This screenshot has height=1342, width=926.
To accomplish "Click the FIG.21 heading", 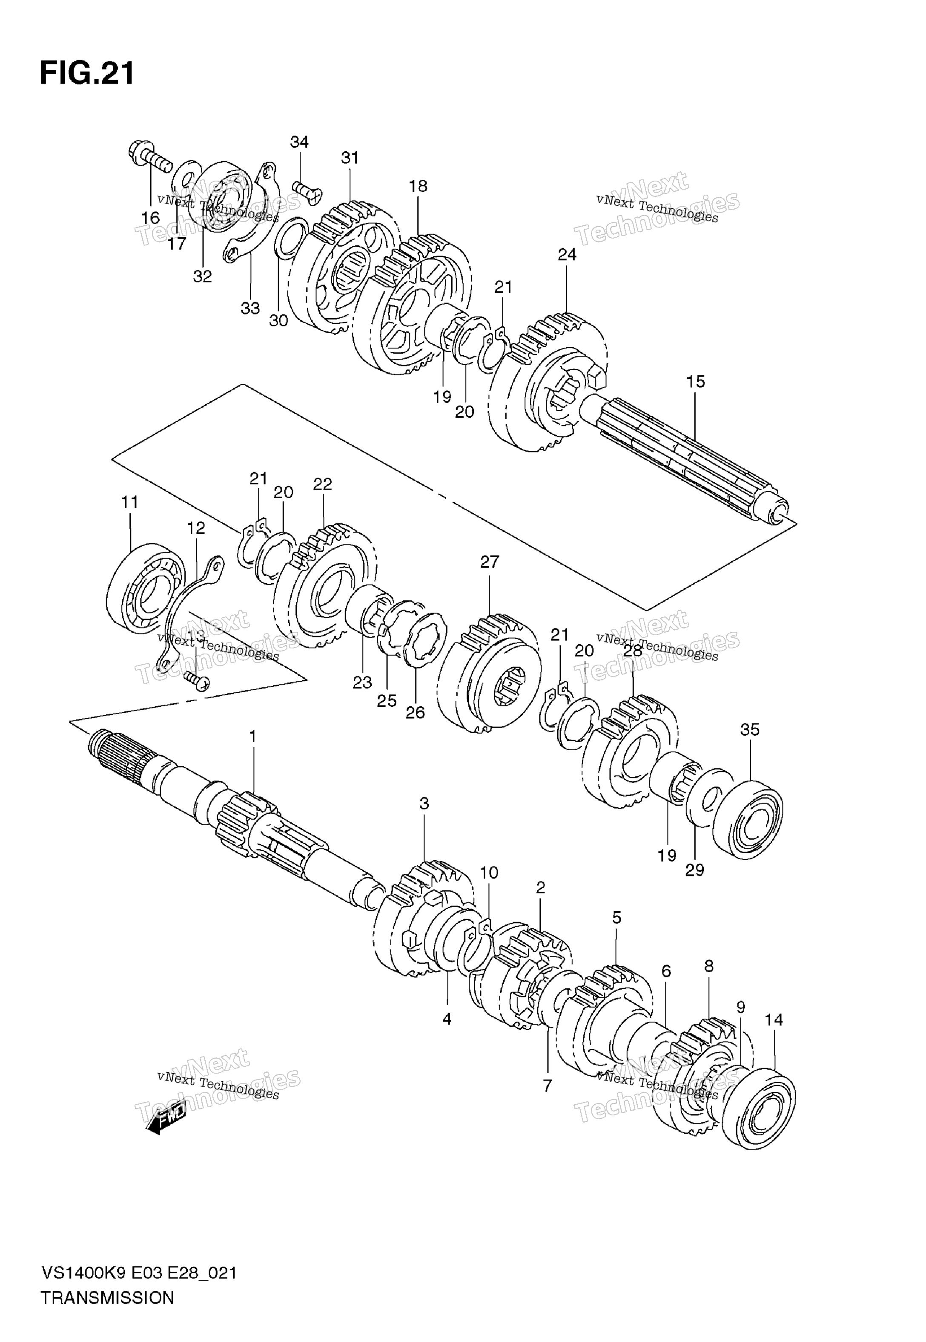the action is click(x=87, y=74).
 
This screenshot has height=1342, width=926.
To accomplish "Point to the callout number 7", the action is click(x=547, y=1086).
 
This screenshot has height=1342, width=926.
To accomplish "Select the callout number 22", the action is click(x=323, y=484).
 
